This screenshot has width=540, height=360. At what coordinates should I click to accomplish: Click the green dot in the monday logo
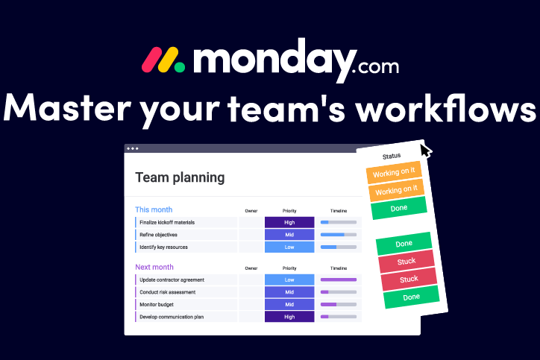[x=180, y=67]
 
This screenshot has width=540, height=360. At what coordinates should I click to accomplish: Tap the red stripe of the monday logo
[x=152, y=60]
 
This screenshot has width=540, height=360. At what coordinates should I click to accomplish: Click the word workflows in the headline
[x=445, y=108]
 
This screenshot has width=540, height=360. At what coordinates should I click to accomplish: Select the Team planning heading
[x=180, y=177]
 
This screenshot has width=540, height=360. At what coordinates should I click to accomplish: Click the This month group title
[x=154, y=209]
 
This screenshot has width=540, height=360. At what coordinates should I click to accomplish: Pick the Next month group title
[x=154, y=267]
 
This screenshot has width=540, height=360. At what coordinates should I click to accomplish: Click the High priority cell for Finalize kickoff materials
[x=289, y=222]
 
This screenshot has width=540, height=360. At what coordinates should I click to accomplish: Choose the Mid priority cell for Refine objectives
[x=289, y=235]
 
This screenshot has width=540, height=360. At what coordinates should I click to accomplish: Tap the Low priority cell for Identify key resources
[x=289, y=247]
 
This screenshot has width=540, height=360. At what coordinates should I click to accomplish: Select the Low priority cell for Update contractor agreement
[x=289, y=280]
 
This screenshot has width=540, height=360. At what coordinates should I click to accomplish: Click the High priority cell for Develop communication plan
[x=289, y=317]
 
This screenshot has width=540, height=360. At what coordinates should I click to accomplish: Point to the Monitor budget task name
[x=157, y=305]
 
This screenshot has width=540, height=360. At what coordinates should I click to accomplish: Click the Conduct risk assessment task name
[x=167, y=292]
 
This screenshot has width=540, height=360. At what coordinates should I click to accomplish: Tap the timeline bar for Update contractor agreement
[x=339, y=280]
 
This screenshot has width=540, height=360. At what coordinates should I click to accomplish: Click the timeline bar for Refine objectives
[x=339, y=235]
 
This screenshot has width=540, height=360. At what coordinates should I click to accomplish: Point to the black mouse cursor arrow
[x=425, y=151]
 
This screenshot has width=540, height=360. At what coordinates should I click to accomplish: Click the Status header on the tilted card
[x=392, y=157]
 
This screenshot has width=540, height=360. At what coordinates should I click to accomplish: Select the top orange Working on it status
[x=394, y=172]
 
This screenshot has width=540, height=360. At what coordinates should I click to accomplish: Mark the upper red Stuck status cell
[x=406, y=262]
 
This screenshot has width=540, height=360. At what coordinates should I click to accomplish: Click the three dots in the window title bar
[x=133, y=148]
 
